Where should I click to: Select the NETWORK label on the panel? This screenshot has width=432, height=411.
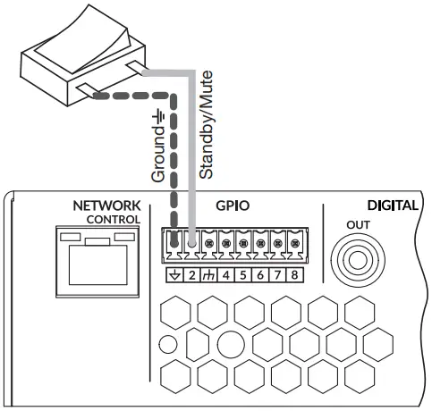[106, 205]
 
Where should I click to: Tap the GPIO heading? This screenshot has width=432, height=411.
[232, 205]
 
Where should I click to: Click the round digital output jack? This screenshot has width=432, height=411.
[354, 259]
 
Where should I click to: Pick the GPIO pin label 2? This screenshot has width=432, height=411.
[191, 274]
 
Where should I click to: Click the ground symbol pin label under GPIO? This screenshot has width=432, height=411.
[174, 274]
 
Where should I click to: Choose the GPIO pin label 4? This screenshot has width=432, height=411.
[226, 274]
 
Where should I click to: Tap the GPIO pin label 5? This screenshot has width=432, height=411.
[243, 274]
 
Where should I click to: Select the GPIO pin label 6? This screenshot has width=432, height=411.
[260, 274]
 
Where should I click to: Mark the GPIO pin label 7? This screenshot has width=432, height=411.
[277, 274]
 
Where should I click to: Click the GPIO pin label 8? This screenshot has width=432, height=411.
[294, 274]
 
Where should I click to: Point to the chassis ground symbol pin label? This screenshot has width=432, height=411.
[208, 274]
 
